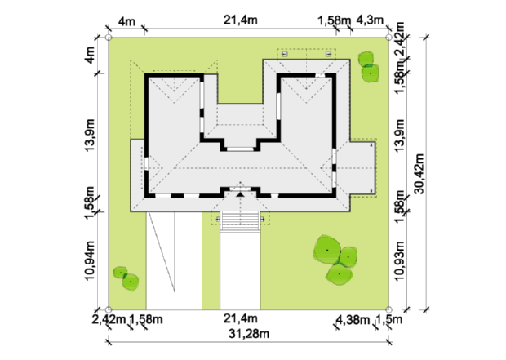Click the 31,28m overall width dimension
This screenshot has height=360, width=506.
pyautogui.click(x=249, y=334)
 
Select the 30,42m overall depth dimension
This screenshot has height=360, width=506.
pyautogui.click(x=419, y=173)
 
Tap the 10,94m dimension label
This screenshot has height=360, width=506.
pyautogui.click(x=90, y=261)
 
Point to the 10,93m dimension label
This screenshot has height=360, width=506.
pyautogui.click(x=399, y=261)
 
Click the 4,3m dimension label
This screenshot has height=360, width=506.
pyautogui.click(x=370, y=20)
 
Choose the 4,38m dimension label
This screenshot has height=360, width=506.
pyautogui.click(x=353, y=320)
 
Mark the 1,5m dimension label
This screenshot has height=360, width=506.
pyautogui.click(x=389, y=319)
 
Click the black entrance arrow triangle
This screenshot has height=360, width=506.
pyautogui.click(x=240, y=194)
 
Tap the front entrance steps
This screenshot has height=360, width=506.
pyautogui.click(x=241, y=222)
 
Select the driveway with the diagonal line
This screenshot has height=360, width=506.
pyautogui.click(x=175, y=261)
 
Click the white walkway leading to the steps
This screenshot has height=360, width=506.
pyautogui.click(x=241, y=271)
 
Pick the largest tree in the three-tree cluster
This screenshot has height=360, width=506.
pyautogui.click(x=327, y=249)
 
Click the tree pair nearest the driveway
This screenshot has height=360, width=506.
pyautogui.click(x=126, y=278)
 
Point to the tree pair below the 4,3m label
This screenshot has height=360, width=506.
pyautogui.click(x=369, y=67)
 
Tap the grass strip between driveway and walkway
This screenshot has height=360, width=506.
pyautogui.click(x=211, y=261)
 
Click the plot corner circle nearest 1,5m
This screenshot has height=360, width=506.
pyautogui.click(x=388, y=310)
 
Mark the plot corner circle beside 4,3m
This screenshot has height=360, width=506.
pyautogui.click(x=388, y=38)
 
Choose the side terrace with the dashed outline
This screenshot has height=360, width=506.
pyautogui.click(x=362, y=168)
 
